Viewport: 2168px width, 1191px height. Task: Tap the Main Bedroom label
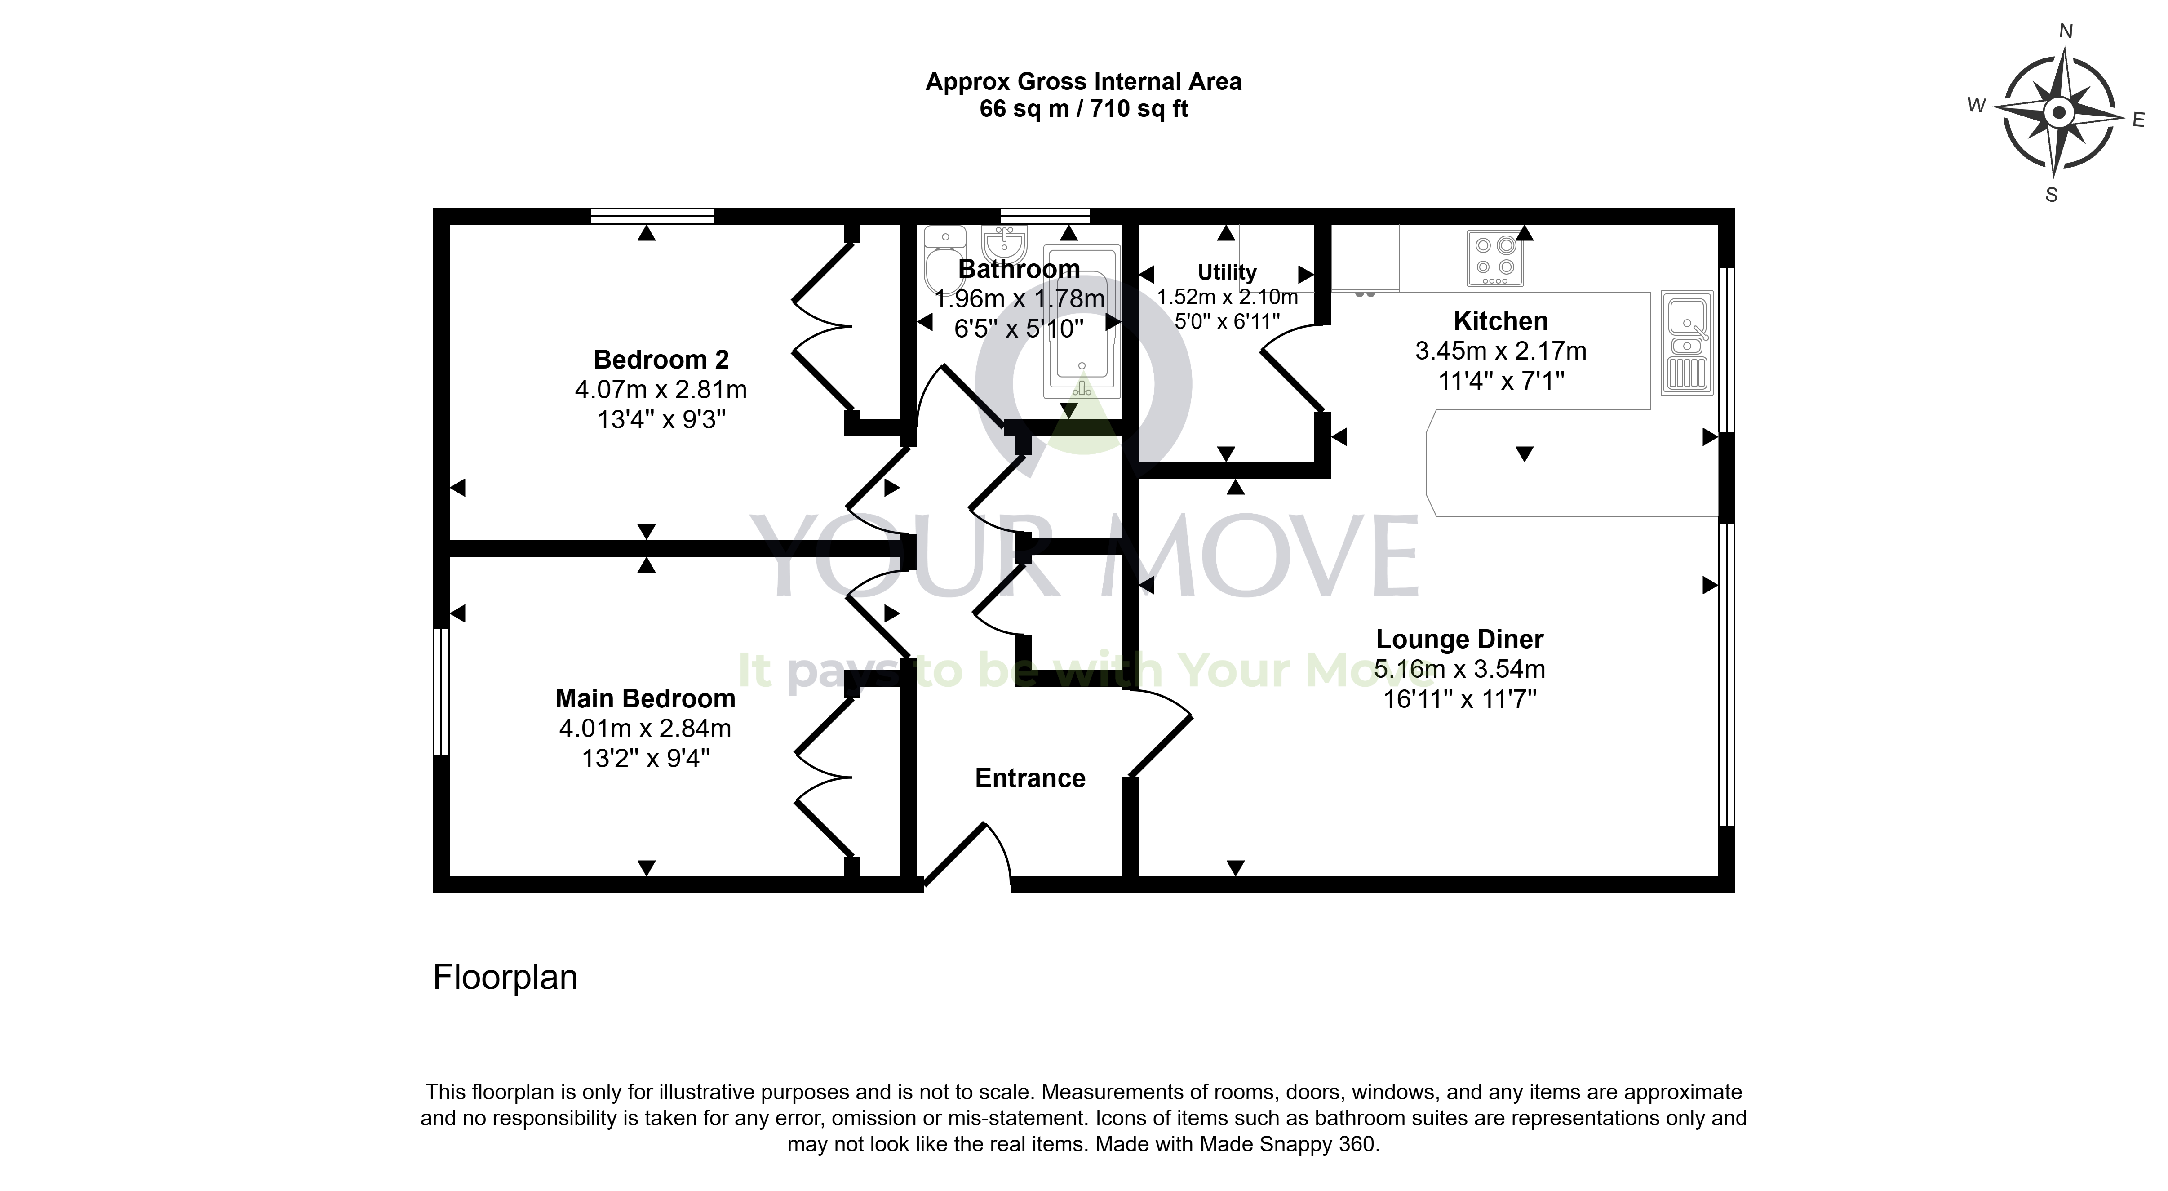[646, 698]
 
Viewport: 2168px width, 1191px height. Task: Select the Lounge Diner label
[1459, 640]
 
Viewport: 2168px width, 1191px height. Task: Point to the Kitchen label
[1501, 321]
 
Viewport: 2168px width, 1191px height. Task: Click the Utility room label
[1227, 272]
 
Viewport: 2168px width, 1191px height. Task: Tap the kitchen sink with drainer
[1687, 342]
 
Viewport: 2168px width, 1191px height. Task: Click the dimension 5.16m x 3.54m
[1459, 669]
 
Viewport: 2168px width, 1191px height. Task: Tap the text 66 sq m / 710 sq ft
[1084, 109]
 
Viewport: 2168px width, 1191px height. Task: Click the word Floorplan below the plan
[505, 977]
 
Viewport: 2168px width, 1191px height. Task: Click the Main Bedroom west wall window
[440, 692]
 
